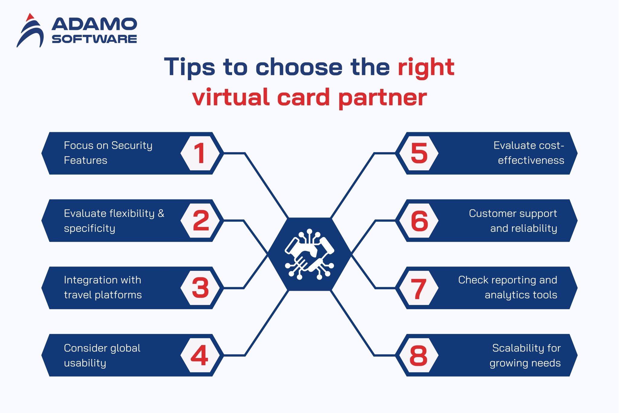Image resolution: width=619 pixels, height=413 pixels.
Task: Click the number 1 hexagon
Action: (200, 153)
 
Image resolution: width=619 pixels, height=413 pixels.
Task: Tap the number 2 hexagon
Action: (200, 221)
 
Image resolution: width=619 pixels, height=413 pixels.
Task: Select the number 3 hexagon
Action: (200, 288)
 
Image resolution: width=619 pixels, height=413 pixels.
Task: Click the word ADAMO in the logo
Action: (94, 24)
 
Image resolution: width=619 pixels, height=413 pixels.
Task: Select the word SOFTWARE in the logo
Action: (94, 39)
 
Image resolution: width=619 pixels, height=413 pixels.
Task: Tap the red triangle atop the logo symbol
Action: (29, 17)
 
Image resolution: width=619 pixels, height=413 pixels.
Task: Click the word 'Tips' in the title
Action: (190, 67)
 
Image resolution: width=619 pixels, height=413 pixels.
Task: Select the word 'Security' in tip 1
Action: (131, 146)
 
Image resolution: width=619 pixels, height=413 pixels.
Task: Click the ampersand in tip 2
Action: (161, 213)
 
